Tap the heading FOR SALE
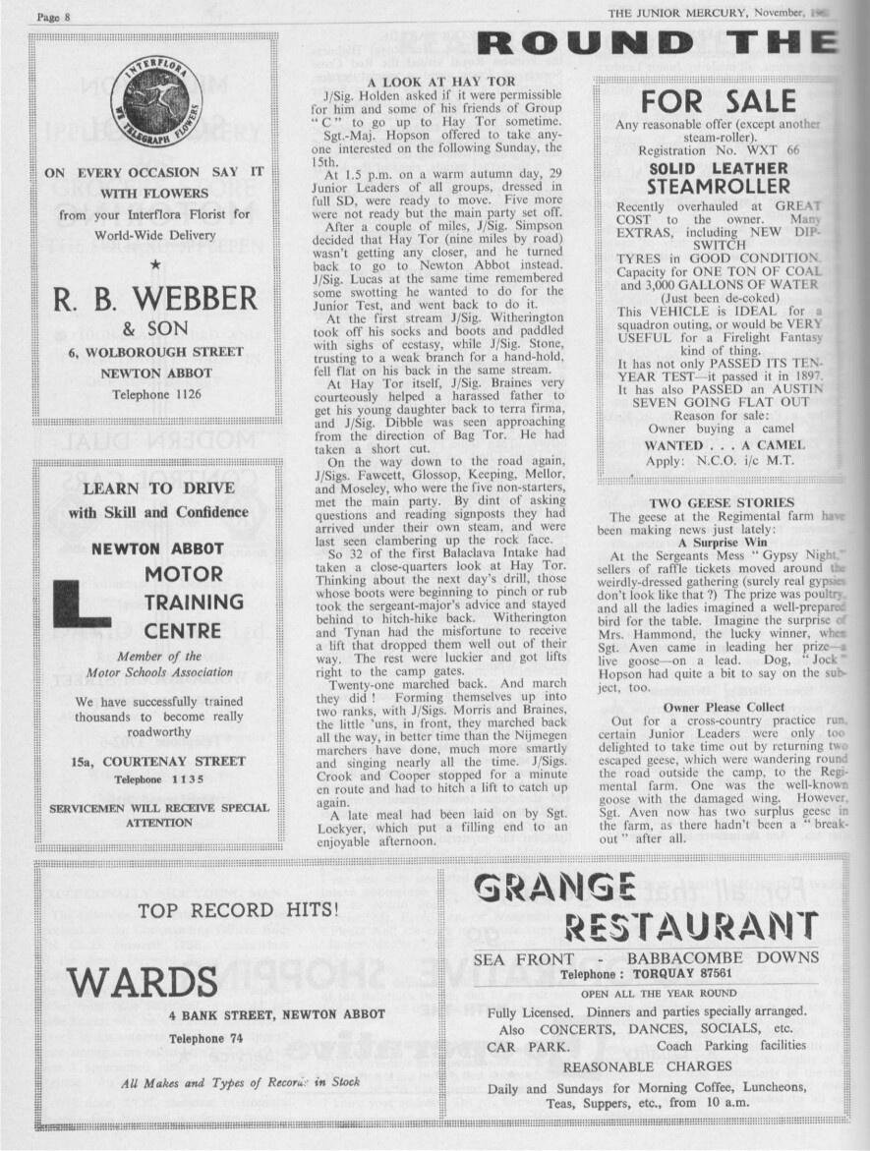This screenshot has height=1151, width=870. (718, 101)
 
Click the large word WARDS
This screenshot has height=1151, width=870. (143, 981)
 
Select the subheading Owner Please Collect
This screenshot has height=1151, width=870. (724, 707)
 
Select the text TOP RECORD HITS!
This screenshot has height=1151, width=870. (238, 910)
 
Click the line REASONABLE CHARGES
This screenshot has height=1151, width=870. (647, 1066)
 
